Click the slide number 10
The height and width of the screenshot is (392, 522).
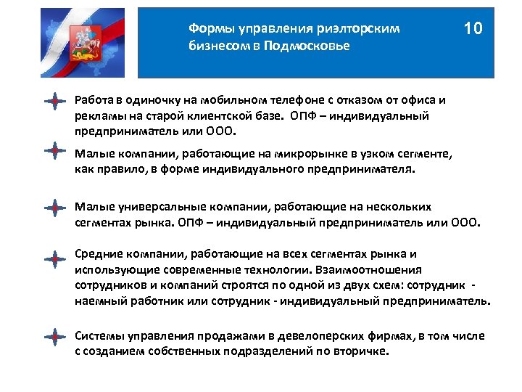(x=473, y=30)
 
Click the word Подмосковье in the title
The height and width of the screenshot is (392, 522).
(x=313, y=46)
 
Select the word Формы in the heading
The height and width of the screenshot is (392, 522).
(x=206, y=28)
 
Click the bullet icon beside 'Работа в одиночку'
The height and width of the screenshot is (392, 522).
(x=54, y=101)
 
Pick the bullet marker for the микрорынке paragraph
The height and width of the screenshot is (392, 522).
(x=54, y=150)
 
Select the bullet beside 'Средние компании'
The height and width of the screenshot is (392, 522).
(x=54, y=258)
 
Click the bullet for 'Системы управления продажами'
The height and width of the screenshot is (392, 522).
(x=54, y=336)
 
